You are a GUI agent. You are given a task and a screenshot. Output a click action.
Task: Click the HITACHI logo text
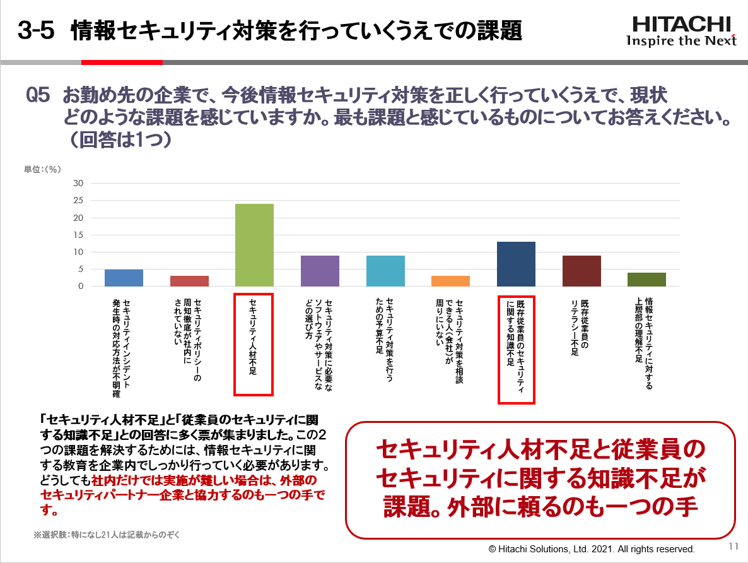(x=681, y=24)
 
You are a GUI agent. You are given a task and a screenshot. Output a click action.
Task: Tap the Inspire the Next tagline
(x=681, y=42)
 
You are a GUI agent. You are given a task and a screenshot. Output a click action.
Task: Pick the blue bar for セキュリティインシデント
(x=124, y=278)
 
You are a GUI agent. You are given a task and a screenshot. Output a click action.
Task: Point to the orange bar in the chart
(x=450, y=281)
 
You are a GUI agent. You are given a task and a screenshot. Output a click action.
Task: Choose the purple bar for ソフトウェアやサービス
(x=320, y=271)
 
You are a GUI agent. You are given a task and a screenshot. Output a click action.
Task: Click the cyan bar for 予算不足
(x=385, y=271)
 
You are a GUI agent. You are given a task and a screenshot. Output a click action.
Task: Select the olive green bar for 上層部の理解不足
(x=646, y=280)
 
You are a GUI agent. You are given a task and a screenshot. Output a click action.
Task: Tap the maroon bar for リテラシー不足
(x=581, y=271)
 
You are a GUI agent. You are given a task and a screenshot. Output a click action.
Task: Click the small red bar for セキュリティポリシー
(x=189, y=281)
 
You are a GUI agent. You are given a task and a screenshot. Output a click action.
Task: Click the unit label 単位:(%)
(x=42, y=169)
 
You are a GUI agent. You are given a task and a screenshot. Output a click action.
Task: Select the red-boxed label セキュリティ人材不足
(x=253, y=345)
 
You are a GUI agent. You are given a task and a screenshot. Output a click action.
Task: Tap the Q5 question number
(x=38, y=96)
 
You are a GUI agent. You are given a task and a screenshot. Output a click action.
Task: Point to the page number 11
(x=733, y=547)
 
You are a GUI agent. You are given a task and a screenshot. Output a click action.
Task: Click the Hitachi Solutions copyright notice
(x=592, y=548)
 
